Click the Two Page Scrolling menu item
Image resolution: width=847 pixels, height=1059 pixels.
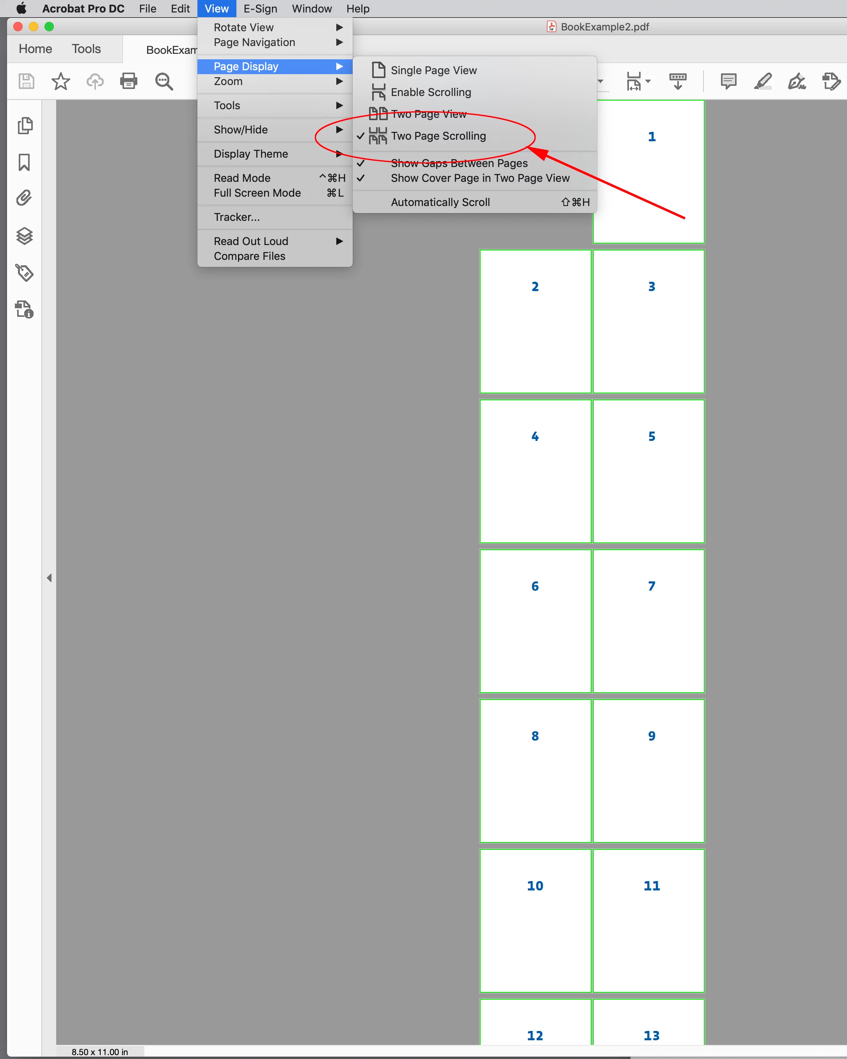coord(438,136)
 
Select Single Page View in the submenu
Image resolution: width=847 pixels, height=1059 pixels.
coord(433,70)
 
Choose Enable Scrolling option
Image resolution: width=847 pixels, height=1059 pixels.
coord(431,92)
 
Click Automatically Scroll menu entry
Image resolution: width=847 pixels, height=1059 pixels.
coord(440,203)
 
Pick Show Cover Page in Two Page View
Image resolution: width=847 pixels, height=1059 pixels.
coord(480,178)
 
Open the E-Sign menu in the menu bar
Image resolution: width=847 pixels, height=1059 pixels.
coord(260,9)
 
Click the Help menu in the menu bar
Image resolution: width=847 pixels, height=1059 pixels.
coord(358,9)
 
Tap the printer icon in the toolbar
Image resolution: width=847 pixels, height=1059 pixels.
coord(129,81)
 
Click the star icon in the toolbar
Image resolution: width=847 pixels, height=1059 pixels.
coord(61,81)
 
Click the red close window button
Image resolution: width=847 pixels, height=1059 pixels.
coord(18,27)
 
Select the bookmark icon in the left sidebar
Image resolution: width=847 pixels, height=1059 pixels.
coord(24,162)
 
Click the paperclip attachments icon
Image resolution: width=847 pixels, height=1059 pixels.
coord(24,198)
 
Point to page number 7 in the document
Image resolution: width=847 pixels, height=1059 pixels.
coord(652,586)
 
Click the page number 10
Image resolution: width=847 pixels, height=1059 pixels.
coord(535,886)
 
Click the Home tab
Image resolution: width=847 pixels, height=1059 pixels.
coord(36,49)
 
